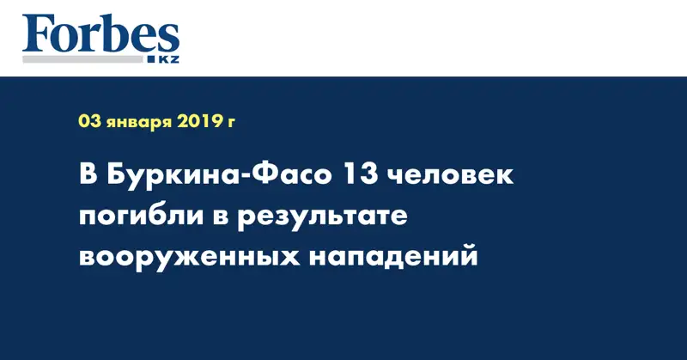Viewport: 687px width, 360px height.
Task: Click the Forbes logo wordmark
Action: [x=100, y=36]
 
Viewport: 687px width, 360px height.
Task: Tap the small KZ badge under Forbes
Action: [x=163, y=59]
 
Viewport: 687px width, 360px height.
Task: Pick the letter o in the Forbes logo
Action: [x=68, y=40]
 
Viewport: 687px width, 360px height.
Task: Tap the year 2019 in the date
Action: [x=202, y=123]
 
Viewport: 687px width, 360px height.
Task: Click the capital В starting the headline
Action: [x=89, y=176]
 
